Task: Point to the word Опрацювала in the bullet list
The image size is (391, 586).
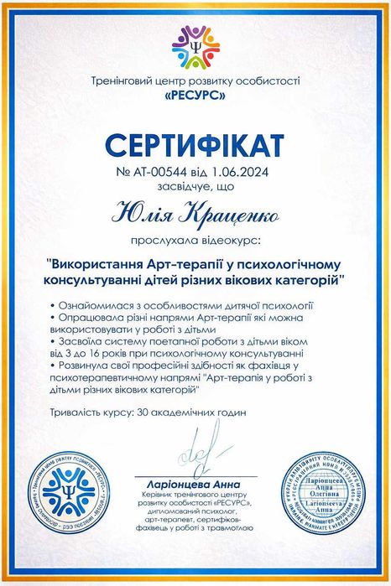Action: [91, 321]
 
